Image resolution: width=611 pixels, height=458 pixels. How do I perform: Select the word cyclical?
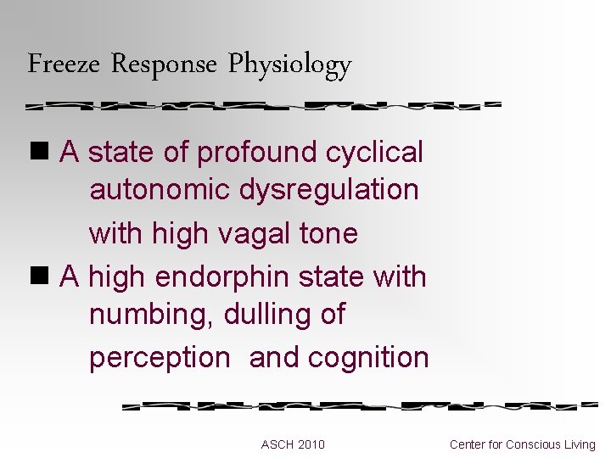coord(374,153)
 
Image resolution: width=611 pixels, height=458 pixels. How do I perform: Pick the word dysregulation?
coord(329,189)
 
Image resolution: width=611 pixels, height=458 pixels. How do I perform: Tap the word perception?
coord(160,358)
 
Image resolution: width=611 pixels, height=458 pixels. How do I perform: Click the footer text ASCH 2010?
coord(293,444)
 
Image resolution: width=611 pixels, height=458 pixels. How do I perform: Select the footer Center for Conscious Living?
coord(523,444)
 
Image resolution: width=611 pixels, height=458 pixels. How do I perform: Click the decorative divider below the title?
coord(264,106)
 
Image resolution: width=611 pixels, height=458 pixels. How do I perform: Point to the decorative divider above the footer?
coord(360,405)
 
